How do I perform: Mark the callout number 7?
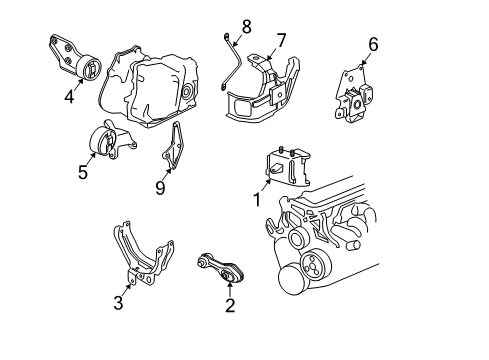[x=281, y=40]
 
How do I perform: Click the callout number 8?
[x=246, y=24]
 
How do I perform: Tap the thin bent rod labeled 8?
[x=237, y=64]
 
